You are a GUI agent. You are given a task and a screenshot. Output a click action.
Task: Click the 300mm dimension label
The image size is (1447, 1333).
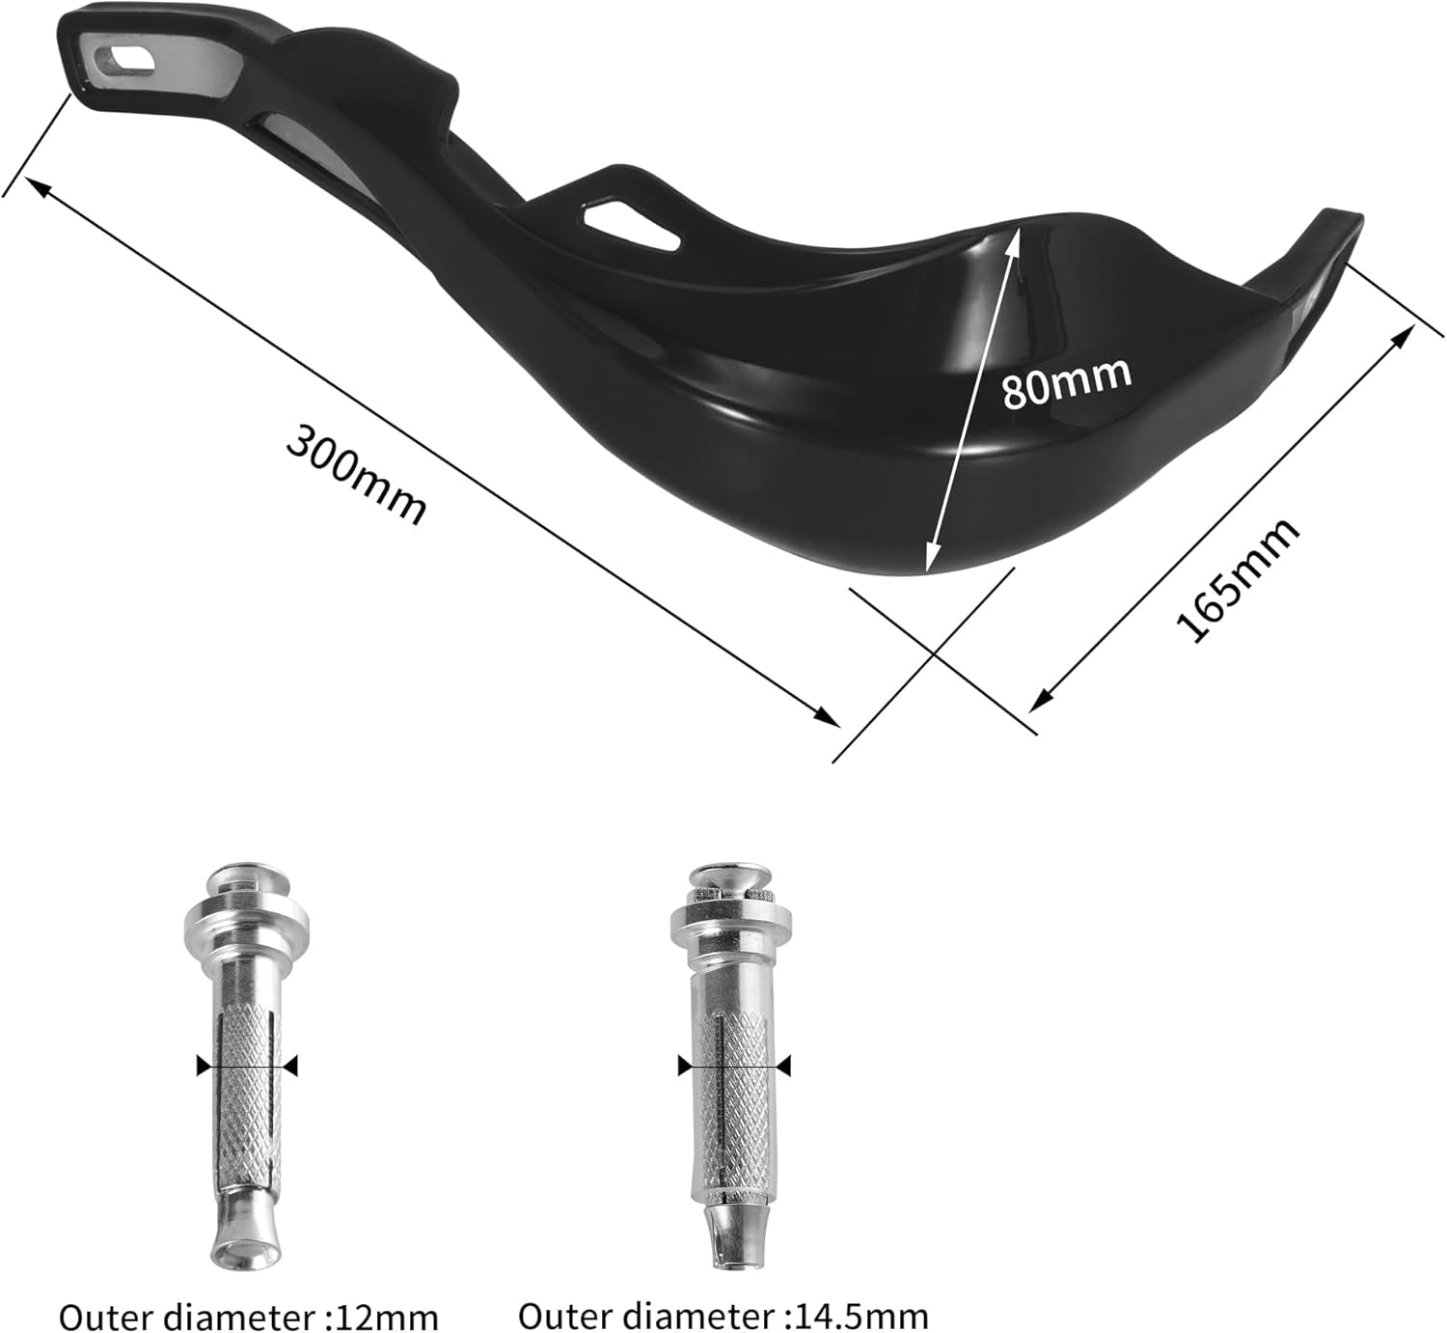[x=356, y=475]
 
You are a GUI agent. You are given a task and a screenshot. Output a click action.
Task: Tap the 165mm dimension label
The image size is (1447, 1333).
[x=1236, y=579]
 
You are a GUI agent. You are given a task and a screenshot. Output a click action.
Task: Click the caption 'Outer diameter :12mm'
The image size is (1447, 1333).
[x=248, y=1316]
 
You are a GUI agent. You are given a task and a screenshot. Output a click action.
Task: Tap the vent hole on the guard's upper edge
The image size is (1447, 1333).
[x=634, y=222]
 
